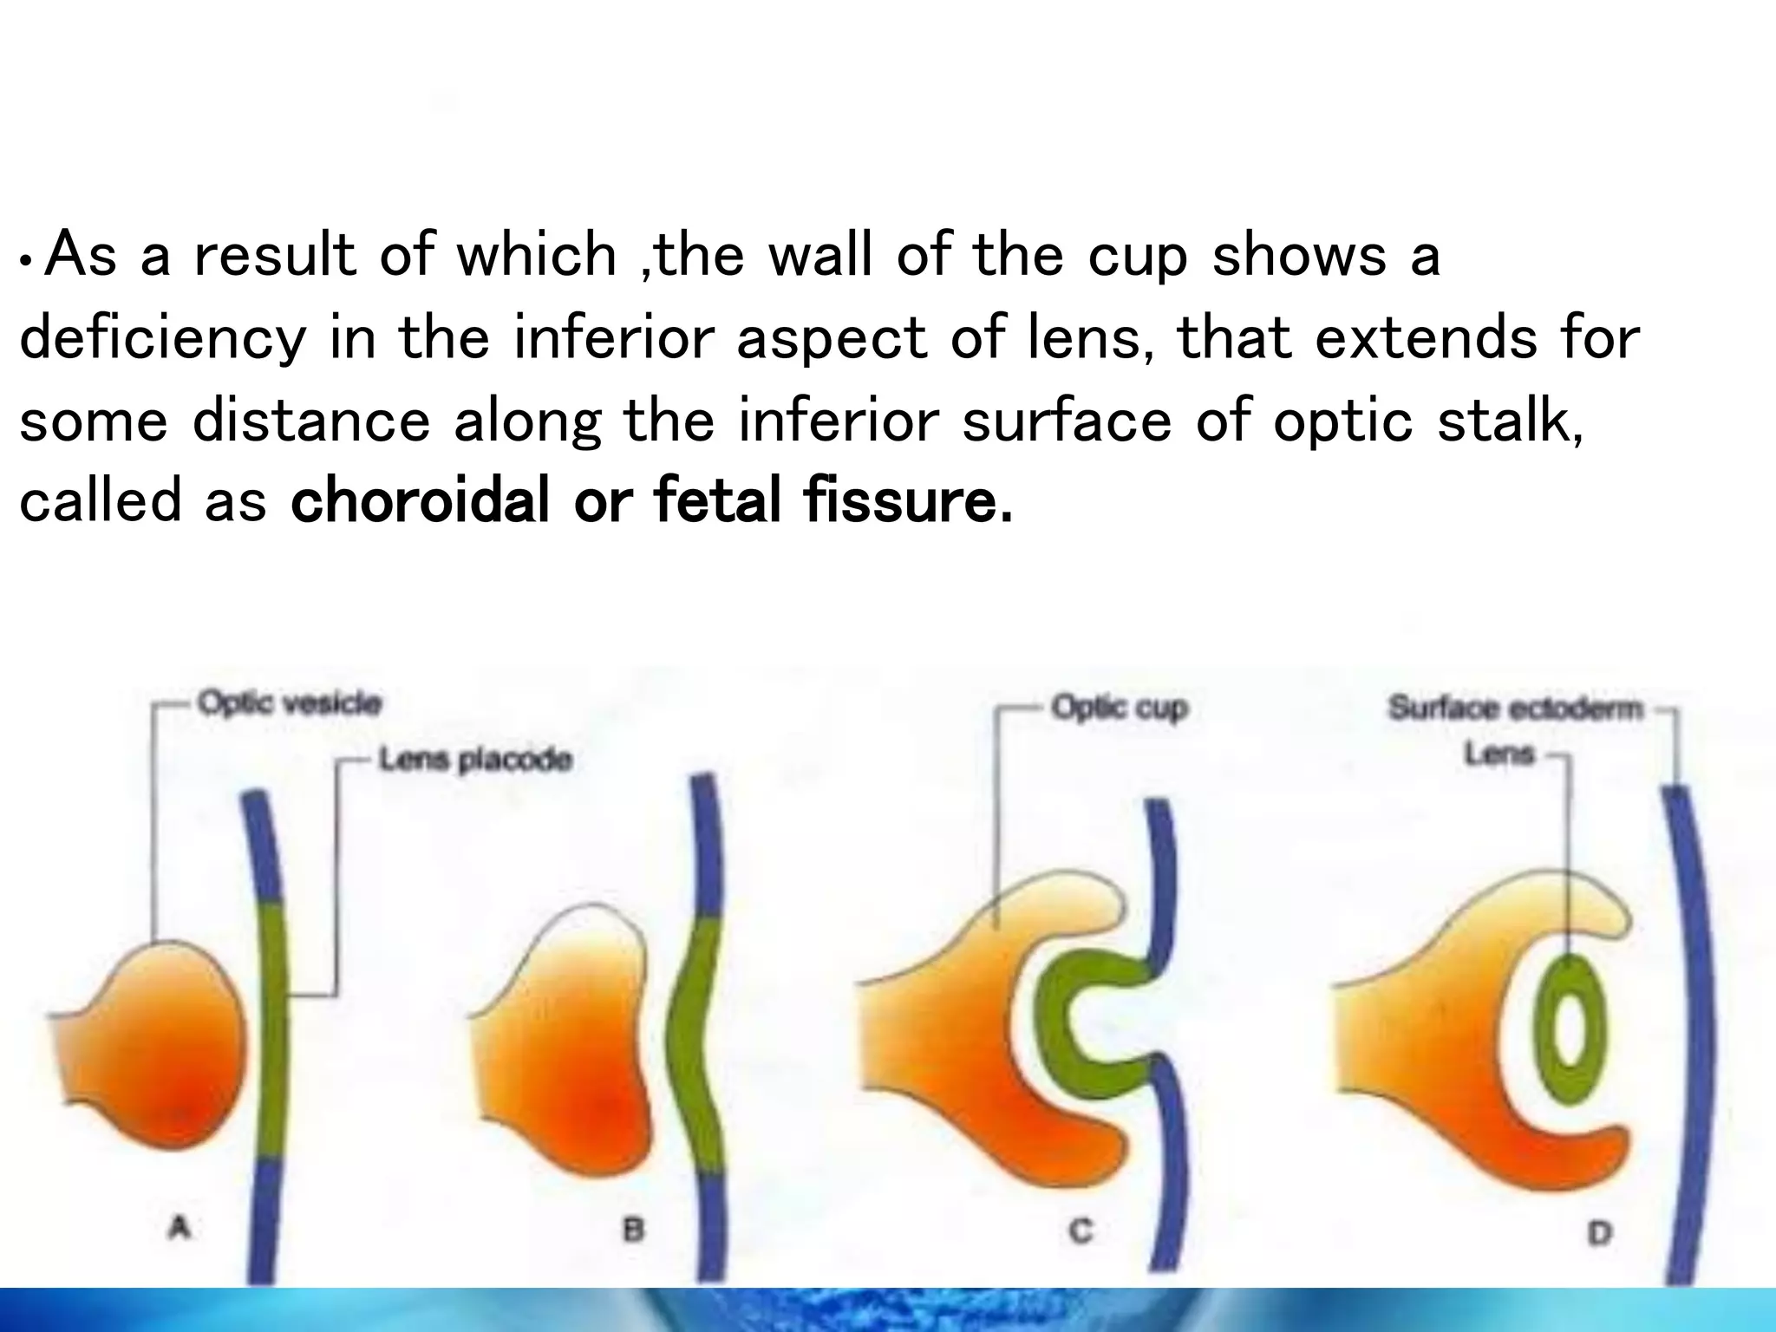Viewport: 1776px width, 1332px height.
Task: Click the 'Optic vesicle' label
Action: (x=290, y=702)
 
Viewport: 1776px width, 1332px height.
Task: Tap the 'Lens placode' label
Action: (x=476, y=761)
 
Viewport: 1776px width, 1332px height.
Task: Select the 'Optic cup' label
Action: (x=1119, y=708)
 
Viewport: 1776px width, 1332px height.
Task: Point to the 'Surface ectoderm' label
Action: (x=1515, y=708)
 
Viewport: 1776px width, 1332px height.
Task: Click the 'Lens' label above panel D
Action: (x=1499, y=754)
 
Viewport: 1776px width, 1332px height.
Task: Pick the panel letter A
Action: (x=180, y=1227)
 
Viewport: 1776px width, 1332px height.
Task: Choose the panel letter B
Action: (x=634, y=1229)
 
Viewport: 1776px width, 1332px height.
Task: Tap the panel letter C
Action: (x=1081, y=1231)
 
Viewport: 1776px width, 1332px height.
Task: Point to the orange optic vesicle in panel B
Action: (x=572, y=1067)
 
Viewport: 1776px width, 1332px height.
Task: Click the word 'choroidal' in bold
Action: (x=421, y=502)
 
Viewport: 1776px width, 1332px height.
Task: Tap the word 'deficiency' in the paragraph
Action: (x=162, y=338)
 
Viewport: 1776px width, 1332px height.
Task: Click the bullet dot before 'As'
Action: (x=29, y=261)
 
